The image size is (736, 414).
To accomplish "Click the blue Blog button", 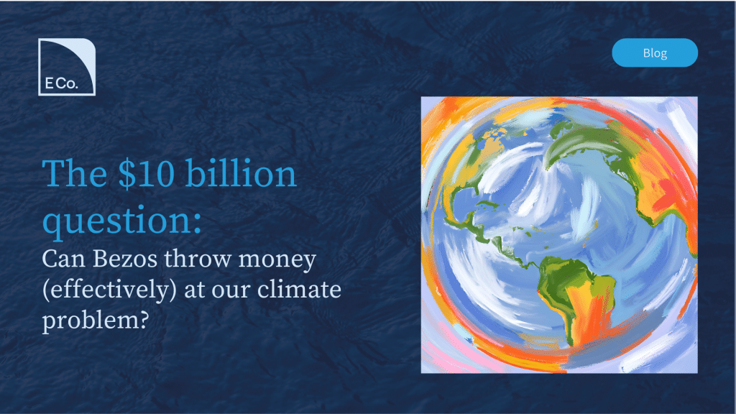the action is tap(655, 52).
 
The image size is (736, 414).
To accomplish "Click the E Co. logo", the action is tap(67, 67).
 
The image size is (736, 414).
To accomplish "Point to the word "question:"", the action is tap(122, 220).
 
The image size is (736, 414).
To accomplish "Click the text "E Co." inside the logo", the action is tap(62, 83).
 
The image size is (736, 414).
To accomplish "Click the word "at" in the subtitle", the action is tap(195, 291).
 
